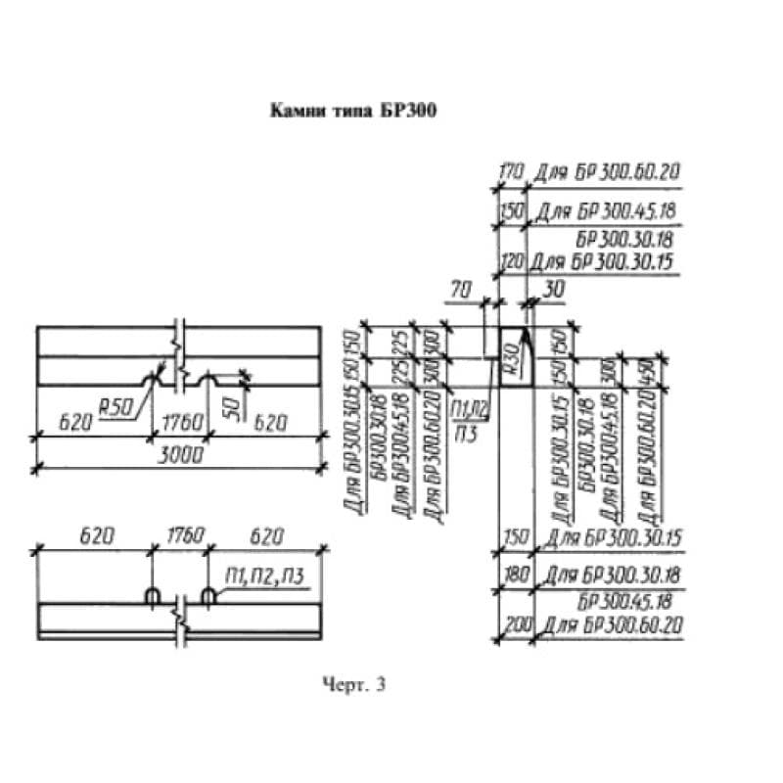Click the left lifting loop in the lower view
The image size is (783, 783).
coord(153,595)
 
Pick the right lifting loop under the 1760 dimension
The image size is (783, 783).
coord(207,595)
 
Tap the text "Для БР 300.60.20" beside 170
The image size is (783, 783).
coord(607,172)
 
